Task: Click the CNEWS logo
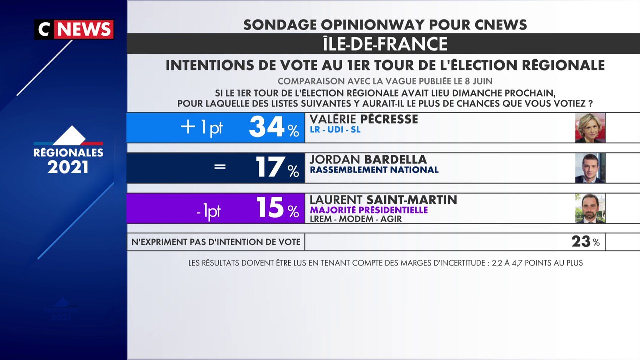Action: point(74,29)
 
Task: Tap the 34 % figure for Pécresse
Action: point(274,127)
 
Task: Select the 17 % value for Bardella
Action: point(277,167)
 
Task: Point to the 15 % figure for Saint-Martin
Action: point(277,207)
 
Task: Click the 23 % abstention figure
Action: point(585,242)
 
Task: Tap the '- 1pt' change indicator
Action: point(209,212)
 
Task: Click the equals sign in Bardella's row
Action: point(220,167)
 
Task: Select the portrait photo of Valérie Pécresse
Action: point(590,127)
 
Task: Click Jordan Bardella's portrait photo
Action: point(590,168)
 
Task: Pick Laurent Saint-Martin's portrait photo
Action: point(590,208)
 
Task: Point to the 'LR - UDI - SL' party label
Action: point(335,129)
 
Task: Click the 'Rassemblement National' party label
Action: point(374,170)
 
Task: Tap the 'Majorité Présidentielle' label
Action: point(369,210)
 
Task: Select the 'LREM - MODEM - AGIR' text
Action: point(356,219)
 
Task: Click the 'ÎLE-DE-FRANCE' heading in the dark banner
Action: point(385,43)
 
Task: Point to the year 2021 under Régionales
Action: point(68,167)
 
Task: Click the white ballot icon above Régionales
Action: point(69,135)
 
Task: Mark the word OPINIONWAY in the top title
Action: point(373,25)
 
